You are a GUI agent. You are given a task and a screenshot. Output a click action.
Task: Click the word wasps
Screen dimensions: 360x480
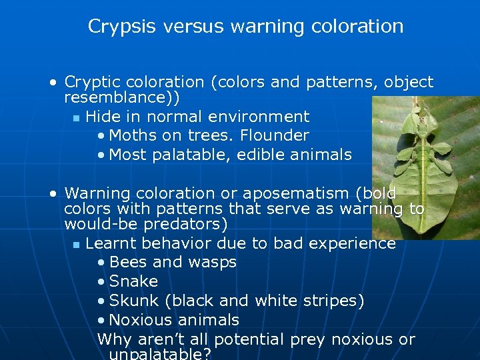(x=213, y=263)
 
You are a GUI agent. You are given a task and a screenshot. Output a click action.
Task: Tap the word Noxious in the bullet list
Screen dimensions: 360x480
(x=140, y=321)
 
